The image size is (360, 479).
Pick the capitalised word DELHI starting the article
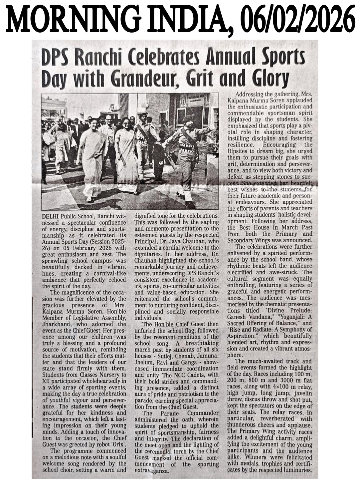tap(50, 216)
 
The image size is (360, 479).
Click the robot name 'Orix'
tap(118, 444)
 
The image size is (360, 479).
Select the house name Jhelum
tap(144, 362)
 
